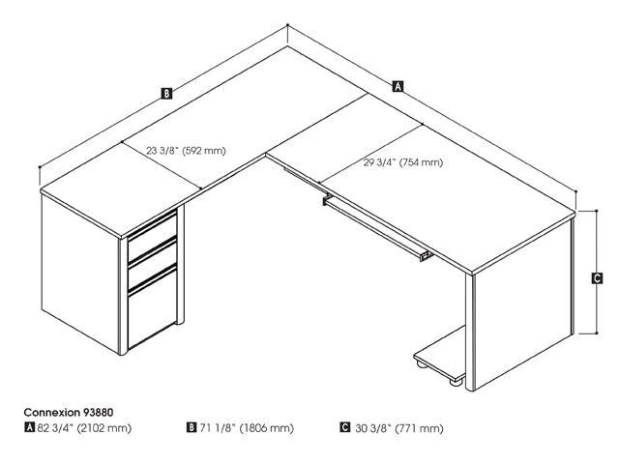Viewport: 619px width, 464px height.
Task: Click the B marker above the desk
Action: click(x=166, y=94)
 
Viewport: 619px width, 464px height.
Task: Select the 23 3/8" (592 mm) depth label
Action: click(x=186, y=150)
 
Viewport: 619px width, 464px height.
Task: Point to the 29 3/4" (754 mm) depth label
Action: click(x=403, y=162)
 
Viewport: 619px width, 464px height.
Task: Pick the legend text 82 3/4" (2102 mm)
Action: click(x=84, y=427)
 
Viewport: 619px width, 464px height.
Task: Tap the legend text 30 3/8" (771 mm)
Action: click(x=398, y=427)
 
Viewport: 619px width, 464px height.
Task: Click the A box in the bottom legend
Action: click(x=29, y=427)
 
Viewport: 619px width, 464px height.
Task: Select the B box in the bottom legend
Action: click(x=192, y=427)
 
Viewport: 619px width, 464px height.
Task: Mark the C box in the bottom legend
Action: click(x=345, y=427)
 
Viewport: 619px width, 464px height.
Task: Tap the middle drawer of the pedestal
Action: click(x=153, y=256)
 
